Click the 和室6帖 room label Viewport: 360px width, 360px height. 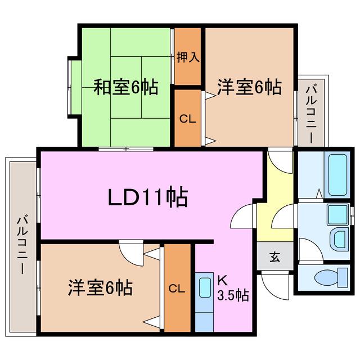(126, 87)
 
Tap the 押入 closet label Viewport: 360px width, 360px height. (188, 57)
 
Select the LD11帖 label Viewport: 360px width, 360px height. (148, 197)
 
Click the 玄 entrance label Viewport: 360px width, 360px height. (275, 257)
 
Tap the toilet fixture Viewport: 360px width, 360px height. (331, 277)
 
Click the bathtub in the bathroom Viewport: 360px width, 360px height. (337, 175)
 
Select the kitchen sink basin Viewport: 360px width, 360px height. (205, 287)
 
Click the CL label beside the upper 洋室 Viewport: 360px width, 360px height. (187, 119)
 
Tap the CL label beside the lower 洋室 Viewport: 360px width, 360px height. (177, 289)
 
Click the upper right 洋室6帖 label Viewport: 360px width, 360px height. (249, 87)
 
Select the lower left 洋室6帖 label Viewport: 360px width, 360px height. (100, 287)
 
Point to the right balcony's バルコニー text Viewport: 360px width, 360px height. (312, 114)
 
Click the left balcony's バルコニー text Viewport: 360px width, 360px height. (22, 244)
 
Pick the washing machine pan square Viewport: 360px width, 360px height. (337, 214)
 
